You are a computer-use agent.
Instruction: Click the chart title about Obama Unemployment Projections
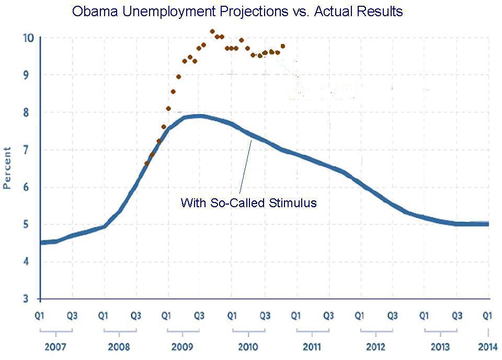click(x=237, y=12)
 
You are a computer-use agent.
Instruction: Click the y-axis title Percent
click(x=8, y=168)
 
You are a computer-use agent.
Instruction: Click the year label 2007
click(x=55, y=347)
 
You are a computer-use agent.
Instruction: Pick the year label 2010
click(x=247, y=347)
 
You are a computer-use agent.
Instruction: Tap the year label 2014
click(x=488, y=347)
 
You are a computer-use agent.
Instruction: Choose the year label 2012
click(x=375, y=347)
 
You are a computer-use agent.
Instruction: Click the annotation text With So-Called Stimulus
click(x=248, y=203)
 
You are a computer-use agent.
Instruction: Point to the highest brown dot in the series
click(x=212, y=31)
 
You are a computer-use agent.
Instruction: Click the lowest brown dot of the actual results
click(x=147, y=164)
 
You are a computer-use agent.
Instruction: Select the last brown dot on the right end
click(x=283, y=46)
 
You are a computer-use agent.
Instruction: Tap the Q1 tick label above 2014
click(x=488, y=316)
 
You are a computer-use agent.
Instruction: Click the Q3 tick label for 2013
click(x=456, y=316)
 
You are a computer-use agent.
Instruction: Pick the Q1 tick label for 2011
click(x=295, y=316)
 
